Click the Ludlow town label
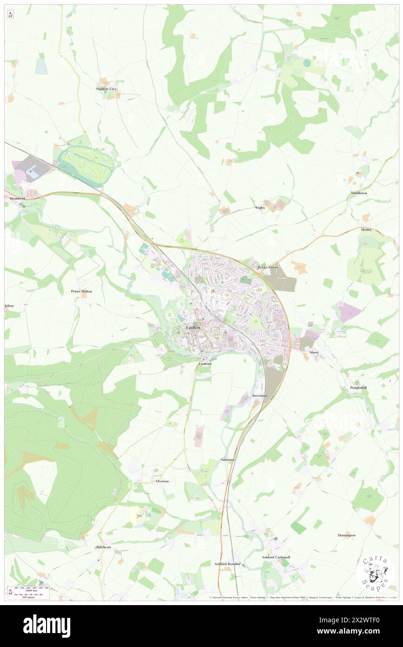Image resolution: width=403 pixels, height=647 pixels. coord(194,327)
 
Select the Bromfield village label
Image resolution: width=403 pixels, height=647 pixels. coord(17,198)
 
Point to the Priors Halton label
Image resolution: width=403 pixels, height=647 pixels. coord(81,291)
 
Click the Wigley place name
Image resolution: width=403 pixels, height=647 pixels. coord(260,207)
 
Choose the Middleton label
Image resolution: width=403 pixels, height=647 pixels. coord(359,193)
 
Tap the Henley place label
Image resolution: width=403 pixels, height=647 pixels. coord(367,229)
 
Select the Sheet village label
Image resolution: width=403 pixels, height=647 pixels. coord(314,352)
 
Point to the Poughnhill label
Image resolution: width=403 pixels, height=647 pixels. coord(359,388)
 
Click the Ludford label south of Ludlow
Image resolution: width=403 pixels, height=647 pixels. coord(205,364)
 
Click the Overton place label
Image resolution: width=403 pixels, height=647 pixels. coord(162,481)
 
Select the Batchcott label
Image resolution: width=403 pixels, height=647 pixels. coord(103,547)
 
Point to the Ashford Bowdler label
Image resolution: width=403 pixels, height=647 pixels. coord(227,564)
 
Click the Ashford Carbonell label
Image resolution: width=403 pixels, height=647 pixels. coord(276,557)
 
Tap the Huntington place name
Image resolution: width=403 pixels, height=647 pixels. coord(347,535)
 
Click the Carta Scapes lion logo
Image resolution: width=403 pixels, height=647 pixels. coord(375,572)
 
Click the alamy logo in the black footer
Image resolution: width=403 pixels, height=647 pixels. coord(47,626)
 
